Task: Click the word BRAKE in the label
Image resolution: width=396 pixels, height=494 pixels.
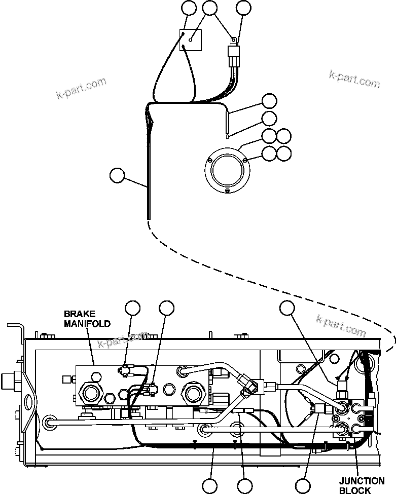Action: point(79,314)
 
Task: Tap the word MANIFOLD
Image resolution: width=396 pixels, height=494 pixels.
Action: point(87,324)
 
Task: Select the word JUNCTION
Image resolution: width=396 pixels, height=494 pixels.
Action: point(362,481)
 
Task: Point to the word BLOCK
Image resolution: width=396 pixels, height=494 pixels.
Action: point(355,490)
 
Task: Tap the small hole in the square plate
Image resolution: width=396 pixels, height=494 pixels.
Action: point(191,40)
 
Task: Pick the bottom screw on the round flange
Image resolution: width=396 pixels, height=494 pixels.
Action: point(227,190)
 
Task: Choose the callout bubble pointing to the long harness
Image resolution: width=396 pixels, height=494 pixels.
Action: point(117,176)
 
